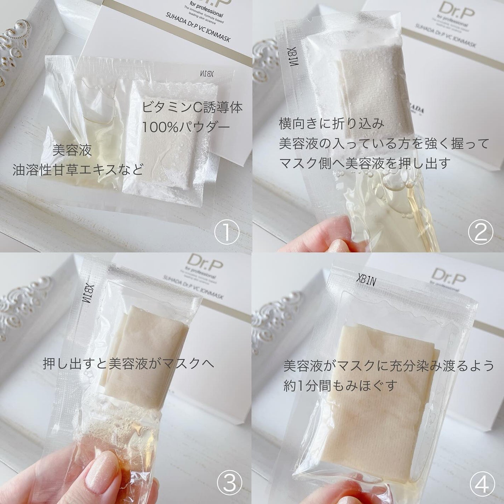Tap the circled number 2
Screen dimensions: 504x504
(480, 232)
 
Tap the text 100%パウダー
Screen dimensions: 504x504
(186, 127)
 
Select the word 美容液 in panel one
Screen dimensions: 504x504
(72, 150)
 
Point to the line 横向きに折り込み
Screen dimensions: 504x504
(331, 124)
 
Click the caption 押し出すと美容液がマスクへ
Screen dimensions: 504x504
(128, 363)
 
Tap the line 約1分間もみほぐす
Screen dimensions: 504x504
(339, 385)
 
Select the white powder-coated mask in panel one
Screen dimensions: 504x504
(156, 134)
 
